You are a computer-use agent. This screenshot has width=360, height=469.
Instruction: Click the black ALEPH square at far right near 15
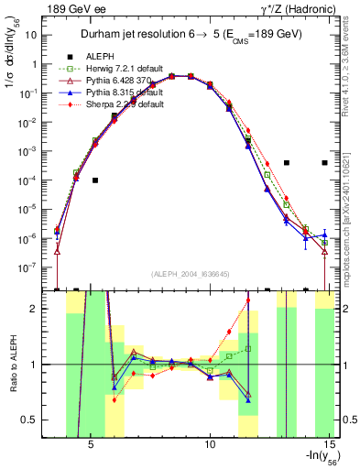pos(324,163)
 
